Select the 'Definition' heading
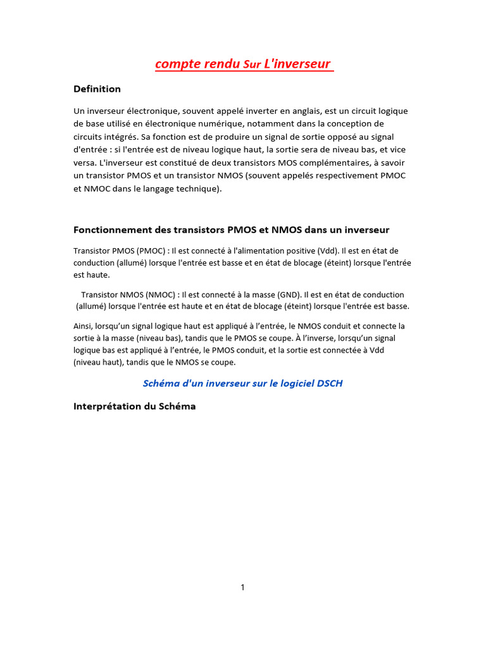97,89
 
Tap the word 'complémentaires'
335,163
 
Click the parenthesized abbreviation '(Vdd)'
325,251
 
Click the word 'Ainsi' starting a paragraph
84,327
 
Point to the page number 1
242,587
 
